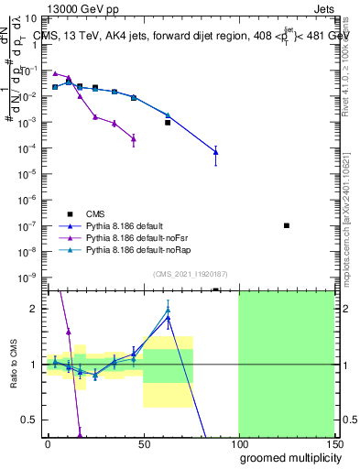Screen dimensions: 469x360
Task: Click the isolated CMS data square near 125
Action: pyautogui.click(x=287, y=225)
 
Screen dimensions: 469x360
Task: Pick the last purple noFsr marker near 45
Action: pyautogui.click(x=134, y=139)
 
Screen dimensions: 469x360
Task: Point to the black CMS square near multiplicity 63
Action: pyautogui.click(x=168, y=122)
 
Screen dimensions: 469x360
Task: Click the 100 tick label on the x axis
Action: pyautogui.click(x=238, y=444)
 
